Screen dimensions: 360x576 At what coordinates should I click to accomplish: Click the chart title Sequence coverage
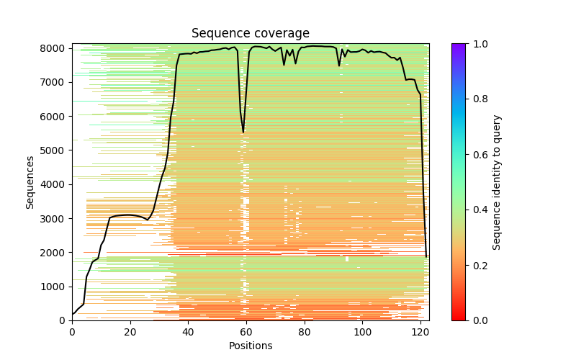250,34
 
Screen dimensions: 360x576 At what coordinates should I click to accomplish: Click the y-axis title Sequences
30,181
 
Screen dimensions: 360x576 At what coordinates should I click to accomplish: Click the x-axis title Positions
250,346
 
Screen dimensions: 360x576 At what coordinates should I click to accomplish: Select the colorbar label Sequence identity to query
497,181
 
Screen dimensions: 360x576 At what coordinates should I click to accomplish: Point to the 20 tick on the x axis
130,321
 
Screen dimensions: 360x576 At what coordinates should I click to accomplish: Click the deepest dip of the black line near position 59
243,132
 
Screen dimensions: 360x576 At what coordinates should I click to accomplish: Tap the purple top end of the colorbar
458,45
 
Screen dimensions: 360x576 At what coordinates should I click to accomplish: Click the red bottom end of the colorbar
458,318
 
